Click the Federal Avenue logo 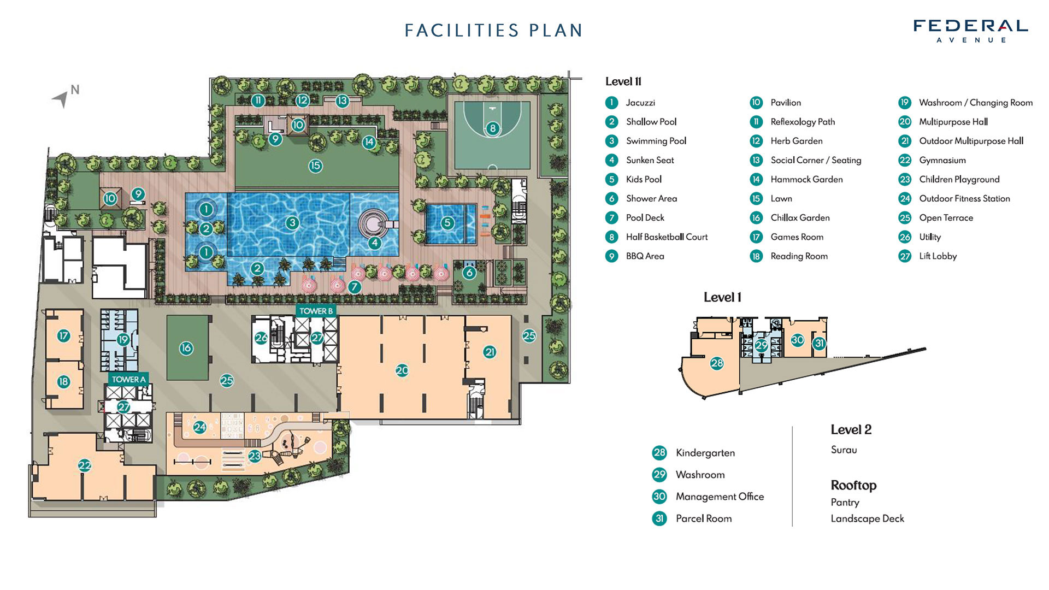971,31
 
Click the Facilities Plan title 494,30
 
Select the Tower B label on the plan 316,311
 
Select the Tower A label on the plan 129,379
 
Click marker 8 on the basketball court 493,128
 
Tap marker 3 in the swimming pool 292,222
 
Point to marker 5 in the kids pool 447,222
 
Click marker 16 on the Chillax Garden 186,348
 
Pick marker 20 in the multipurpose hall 402,370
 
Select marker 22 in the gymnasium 85,465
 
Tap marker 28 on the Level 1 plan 717,363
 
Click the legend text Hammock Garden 806,179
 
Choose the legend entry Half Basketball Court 667,237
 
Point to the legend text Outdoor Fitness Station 964,198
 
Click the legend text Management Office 720,497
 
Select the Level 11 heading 623,81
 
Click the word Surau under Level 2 844,450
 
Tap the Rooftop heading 853,485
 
